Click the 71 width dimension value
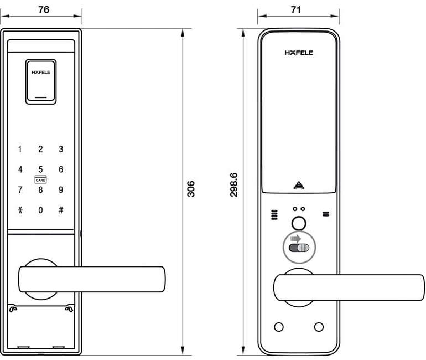[x=298, y=10]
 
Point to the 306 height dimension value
[x=191, y=189]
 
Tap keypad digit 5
[x=40, y=169]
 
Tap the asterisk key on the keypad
[x=20, y=210]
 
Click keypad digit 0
[x=40, y=210]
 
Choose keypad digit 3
[x=61, y=149]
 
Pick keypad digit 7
[x=20, y=190]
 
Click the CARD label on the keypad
[x=40, y=180]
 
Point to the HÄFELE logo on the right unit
[x=299, y=53]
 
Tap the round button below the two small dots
[x=299, y=223]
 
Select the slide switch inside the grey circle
[x=299, y=248]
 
